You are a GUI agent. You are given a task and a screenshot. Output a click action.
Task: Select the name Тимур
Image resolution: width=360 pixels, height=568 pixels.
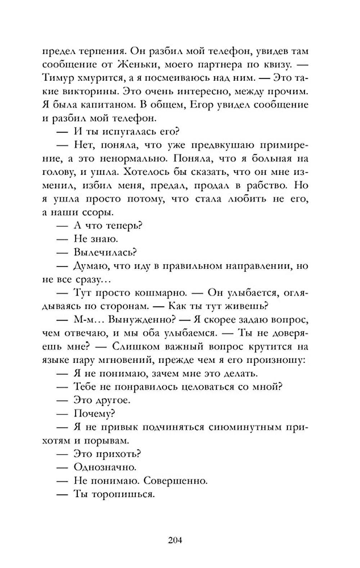click(x=58, y=78)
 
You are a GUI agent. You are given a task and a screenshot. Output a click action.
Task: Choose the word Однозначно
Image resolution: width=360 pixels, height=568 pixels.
click(x=105, y=467)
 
